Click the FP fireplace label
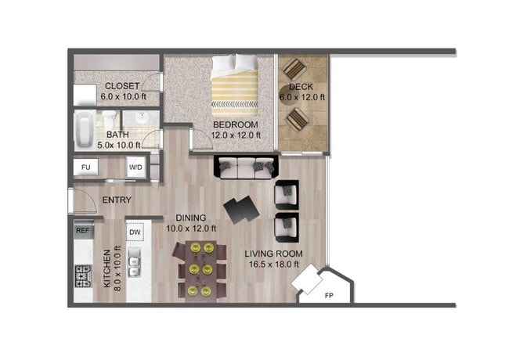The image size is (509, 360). pyautogui.click(x=328, y=296)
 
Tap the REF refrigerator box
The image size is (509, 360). pyautogui.click(x=82, y=230)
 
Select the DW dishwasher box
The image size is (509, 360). pyautogui.click(x=135, y=232)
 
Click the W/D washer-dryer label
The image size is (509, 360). pyautogui.click(x=135, y=167)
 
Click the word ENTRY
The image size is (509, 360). pyautogui.click(x=117, y=200)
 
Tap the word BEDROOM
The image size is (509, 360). pyautogui.click(x=235, y=124)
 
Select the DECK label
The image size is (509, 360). pyautogui.click(x=301, y=87)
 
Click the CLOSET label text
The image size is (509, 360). pyautogui.click(x=122, y=85)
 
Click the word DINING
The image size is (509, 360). pyautogui.click(x=190, y=218)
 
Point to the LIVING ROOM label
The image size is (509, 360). pyautogui.click(x=273, y=254)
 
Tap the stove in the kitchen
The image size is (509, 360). pyautogui.click(x=83, y=276)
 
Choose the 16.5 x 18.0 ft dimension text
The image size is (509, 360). pyautogui.click(x=272, y=265)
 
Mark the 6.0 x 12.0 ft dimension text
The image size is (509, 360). pyautogui.click(x=301, y=97)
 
